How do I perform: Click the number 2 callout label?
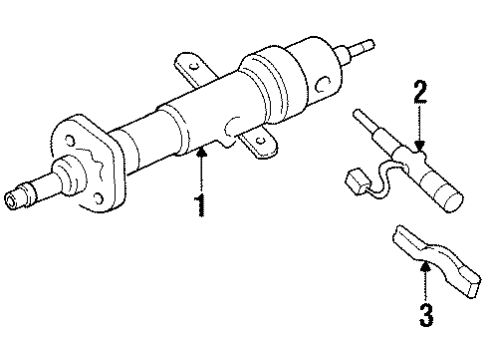pos(421,96)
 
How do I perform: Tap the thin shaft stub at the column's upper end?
pos(362,46)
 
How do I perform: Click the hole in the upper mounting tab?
pos(186,66)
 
